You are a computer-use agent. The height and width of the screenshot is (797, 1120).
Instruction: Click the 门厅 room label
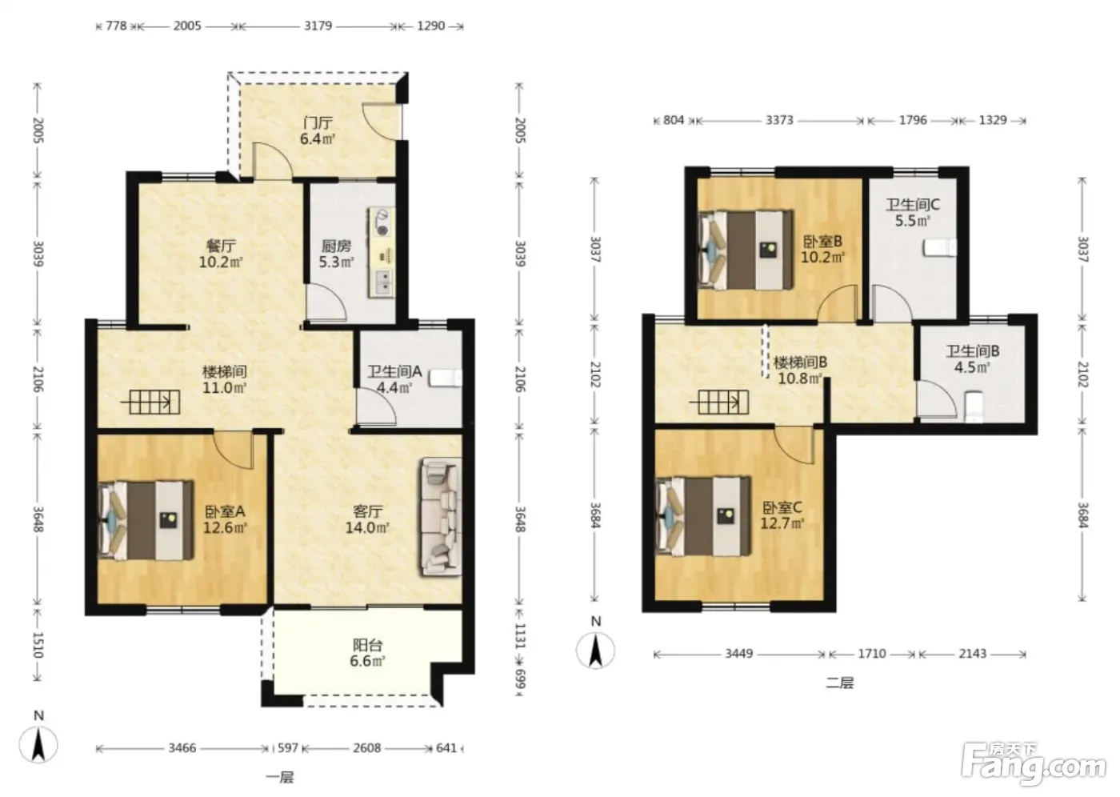(x=318, y=122)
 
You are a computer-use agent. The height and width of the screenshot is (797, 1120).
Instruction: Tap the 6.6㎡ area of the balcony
(x=367, y=662)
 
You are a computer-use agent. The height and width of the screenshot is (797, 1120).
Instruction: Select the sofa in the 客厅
(x=441, y=517)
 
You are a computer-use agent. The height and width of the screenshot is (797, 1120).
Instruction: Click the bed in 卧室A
(x=146, y=521)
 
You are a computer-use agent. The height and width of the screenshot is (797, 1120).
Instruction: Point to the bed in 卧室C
(x=703, y=516)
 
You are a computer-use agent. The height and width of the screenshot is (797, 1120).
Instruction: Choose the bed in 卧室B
(x=746, y=250)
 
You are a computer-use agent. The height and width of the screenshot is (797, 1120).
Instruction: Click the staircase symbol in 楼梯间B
(x=719, y=402)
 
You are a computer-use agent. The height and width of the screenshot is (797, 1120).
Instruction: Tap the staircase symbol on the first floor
(x=150, y=402)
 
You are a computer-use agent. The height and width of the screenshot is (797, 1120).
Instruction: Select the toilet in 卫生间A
(x=446, y=378)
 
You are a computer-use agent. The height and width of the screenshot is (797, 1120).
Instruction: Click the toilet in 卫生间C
(x=940, y=248)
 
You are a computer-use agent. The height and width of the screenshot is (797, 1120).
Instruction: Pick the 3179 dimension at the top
(x=318, y=26)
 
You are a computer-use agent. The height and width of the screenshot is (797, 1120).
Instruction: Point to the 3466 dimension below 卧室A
(x=182, y=748)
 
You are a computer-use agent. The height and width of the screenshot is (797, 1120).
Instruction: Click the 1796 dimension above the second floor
(x=913, y=121)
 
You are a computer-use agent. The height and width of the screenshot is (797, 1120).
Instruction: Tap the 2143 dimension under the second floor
(x=973, y=654)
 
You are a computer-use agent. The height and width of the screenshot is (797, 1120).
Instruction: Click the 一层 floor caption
(x=280, y=778)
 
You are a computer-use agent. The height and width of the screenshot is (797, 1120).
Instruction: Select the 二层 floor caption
(x=840, y=683)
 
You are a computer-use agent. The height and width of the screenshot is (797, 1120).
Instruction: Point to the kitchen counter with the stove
(x=382, y=253)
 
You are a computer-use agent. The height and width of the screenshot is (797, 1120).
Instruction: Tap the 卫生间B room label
(x=973, y=351)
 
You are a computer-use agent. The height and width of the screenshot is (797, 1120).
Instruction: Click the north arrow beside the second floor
(x=595, y=650)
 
